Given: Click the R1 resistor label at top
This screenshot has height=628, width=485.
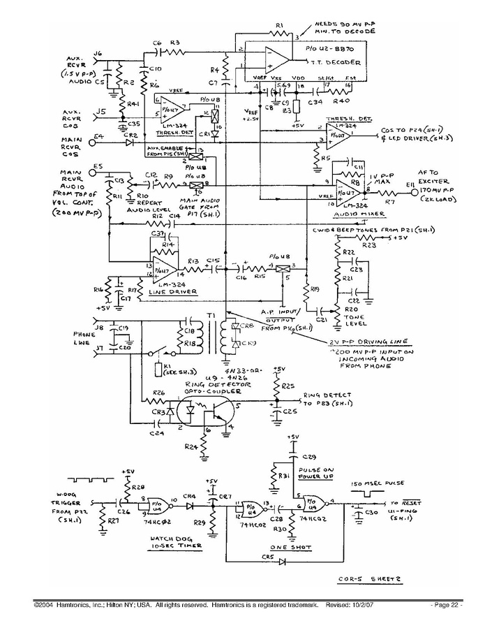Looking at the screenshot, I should tap(278, 26).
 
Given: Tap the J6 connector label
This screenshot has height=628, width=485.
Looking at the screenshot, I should tap(97, 53).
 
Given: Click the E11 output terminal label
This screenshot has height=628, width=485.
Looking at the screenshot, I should tap(411, 184).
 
